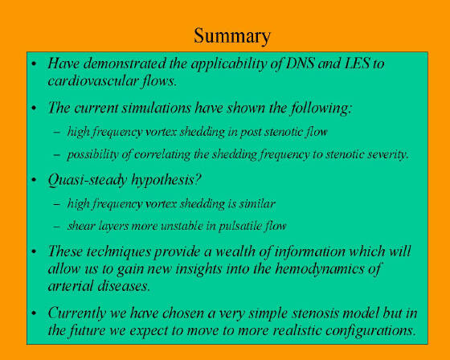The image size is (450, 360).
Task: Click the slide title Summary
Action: (232, 36)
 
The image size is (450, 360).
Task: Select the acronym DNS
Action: (300, 63)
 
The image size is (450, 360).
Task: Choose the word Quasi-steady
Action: (88, 180)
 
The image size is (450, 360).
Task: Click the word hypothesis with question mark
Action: (166, 181)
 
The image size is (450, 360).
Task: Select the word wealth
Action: (234, 252)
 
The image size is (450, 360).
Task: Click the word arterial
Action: (70, 286)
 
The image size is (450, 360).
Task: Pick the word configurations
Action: (370, 331)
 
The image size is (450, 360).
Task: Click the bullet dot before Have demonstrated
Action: (34, 63)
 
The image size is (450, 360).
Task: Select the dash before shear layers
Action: (57, 227)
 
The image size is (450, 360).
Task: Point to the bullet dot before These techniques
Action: (34, 252)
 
